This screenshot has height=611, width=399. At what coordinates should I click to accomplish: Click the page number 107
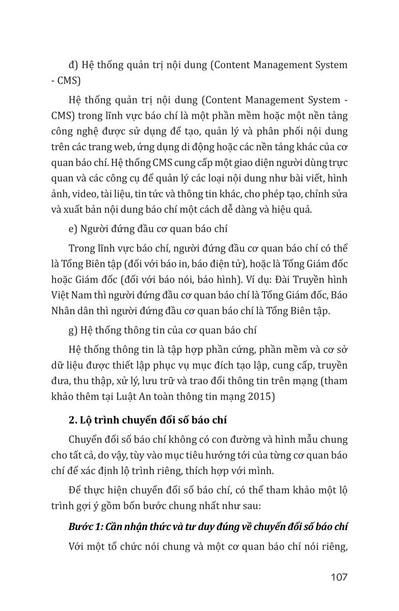tap(338, 577)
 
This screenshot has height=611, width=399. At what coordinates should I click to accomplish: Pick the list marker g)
tap(73, 329)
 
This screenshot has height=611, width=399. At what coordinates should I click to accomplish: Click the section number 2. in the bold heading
tap(71, 420)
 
